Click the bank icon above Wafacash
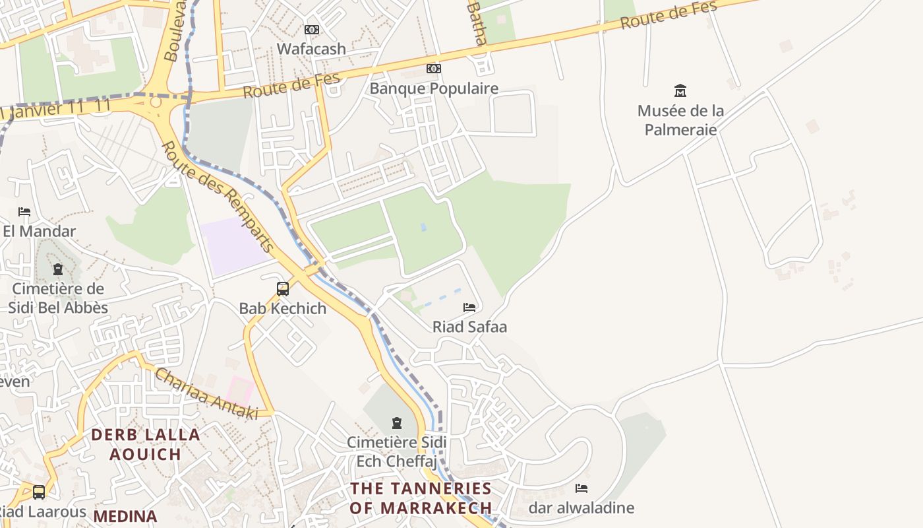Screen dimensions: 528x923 tap(312, 30)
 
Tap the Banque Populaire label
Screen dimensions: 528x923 tap(434, 88)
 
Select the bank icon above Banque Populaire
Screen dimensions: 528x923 tap(433, 69)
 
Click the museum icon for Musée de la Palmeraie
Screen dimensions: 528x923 tap(680, 90)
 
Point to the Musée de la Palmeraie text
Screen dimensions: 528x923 tap(680, 120)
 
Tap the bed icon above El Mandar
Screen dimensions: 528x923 tap(24, 212)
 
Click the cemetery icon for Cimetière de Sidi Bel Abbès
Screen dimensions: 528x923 tap(58, 269)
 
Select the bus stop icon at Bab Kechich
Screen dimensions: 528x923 tap(283, 288)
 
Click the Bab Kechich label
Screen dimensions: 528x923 tap(282, 308)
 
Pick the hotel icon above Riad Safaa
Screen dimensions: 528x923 tap(469, 308)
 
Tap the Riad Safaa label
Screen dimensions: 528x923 tap(469, 327)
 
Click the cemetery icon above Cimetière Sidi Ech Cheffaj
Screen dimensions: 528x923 tap(397, 422)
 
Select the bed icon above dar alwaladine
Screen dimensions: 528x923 tap(581, 488)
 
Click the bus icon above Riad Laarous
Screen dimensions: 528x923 tap(39, 492)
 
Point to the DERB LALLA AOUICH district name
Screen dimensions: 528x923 tap(145, 444)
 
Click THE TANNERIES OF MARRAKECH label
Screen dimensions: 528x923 tap(421, 498)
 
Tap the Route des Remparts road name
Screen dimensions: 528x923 tap(218, 197)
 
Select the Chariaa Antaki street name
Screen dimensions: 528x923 tap(206, 394)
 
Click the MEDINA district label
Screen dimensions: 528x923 tap(125, 516)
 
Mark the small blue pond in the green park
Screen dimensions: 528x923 tap(423, 227)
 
